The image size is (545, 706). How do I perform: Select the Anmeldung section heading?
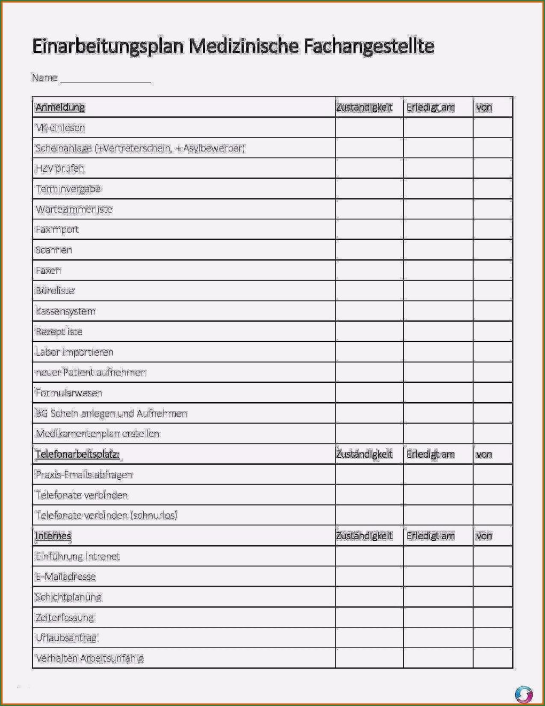pos(60,108)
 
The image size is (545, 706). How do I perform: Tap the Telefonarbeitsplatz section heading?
pos(77,455)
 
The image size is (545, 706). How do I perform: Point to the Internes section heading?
pos(53,536)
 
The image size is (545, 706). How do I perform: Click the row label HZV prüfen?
pos(60,168)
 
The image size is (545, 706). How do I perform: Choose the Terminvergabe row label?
pos(68,189)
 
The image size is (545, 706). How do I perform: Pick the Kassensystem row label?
pos(66,311)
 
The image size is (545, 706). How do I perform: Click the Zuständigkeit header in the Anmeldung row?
pos(364,108)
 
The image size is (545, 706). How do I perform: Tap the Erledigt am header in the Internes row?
pos(431,536)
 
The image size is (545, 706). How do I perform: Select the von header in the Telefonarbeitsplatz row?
pos(484,455)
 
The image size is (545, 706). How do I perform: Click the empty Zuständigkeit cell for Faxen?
pos(369,271)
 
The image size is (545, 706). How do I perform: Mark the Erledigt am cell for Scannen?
pos(438,250)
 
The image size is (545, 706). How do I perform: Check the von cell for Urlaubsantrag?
pos(493,638)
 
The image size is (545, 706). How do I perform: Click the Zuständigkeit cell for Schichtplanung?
pos(369,597)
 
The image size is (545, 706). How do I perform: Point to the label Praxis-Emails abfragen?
pos(84,475)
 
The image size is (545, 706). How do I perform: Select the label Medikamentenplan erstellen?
pos(98,434)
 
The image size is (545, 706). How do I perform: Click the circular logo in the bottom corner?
pos(524,694)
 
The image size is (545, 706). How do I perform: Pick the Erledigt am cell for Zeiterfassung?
pos(438,617)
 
